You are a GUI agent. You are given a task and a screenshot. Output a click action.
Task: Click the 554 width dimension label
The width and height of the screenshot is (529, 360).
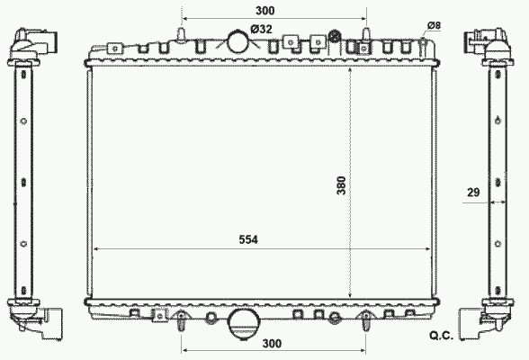click(x=248, y=239)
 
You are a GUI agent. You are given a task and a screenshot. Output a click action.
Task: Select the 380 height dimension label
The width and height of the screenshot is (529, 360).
click(x=342, y=185)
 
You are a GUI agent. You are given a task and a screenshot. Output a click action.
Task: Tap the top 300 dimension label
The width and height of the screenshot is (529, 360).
click(x=264, y=11)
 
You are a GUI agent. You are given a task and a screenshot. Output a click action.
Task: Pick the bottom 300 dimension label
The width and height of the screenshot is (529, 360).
click(x=272, y=344)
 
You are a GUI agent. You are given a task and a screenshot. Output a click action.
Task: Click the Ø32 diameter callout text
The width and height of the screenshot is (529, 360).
click(x=262, y=29)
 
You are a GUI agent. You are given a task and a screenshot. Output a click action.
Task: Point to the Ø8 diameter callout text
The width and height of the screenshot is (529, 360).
click(x=434, y=25)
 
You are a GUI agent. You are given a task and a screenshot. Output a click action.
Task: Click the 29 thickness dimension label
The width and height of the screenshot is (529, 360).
click(x=473, y=193)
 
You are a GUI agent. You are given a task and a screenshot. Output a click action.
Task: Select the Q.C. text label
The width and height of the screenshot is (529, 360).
click(x=441, y=336)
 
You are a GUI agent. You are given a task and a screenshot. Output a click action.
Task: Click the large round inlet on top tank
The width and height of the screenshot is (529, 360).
click(x=239, y=41)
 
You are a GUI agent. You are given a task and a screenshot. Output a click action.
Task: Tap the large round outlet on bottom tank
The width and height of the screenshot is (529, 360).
click(x=244, y=323)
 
